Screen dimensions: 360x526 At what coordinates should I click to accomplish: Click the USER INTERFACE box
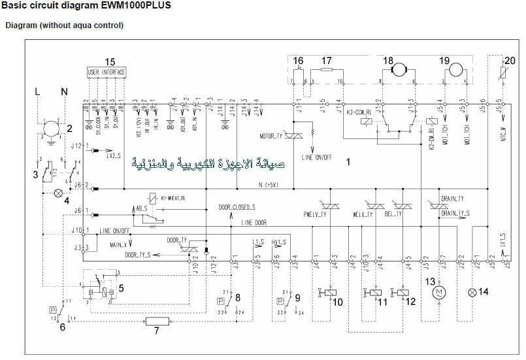(x=107, y=71)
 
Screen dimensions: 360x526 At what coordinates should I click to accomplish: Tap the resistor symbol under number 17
(x=327, y=69)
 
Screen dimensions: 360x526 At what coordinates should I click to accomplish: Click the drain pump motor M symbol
(x=439, y=291)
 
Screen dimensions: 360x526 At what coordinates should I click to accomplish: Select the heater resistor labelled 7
(x=157, y=321)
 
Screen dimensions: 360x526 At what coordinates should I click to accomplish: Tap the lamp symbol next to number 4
(x=58, y=193)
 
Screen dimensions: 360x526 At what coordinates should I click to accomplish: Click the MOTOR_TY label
(x=271, y=137)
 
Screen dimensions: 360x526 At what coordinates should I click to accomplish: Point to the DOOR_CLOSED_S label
(x=237, y=207)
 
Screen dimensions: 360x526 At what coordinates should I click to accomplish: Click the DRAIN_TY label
(x=452, y=198)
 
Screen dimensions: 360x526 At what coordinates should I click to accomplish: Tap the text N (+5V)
(x=269, y=185)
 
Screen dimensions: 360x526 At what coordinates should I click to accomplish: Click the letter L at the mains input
(x=38, y=92)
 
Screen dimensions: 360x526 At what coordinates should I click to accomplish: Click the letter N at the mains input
(x=64, y=92)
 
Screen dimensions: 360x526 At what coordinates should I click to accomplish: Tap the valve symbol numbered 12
(x=396, y=291)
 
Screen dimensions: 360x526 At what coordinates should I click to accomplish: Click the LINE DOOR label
(x=254, y=223)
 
